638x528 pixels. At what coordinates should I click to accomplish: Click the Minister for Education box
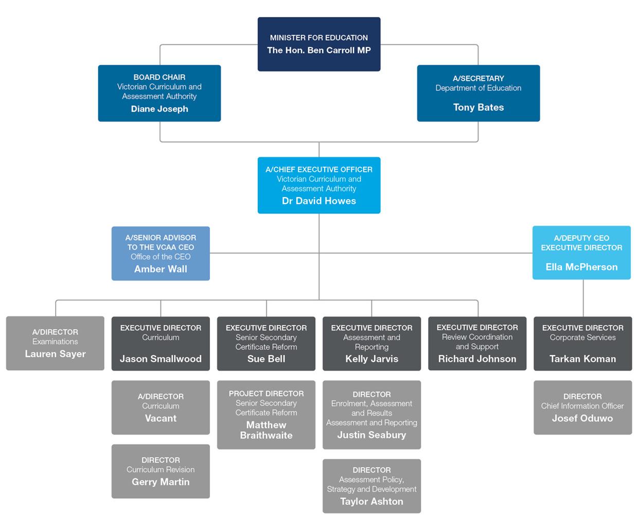tap(319, 44)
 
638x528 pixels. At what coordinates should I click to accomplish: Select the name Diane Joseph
tap(159, 109)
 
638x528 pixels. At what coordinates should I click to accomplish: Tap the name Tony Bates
tap(478, 108)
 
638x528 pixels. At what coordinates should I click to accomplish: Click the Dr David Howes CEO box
tap(319, 185)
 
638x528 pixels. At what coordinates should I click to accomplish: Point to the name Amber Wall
tap(161, 269)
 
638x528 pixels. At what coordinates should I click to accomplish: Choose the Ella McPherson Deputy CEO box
tap(581, 253)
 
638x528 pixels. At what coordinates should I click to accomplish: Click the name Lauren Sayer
tap(55, 354)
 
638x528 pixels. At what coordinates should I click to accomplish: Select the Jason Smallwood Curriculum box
tap(161, 343)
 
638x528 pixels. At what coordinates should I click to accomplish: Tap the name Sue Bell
tap(266, 359)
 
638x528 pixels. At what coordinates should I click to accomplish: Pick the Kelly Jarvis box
tap(371, 343)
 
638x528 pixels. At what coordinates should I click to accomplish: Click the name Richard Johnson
tap(477, 359)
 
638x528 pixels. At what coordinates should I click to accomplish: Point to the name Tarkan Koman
tap(582, 359)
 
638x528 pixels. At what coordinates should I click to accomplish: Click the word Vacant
tap(161, 418)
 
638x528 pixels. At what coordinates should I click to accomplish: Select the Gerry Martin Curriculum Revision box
tap(161, 471)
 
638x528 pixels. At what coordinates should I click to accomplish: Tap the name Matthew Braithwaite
tap(266, 430)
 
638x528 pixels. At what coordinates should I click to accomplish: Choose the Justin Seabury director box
tap(371, 415)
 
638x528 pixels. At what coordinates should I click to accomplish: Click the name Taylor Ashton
tap(371, 502)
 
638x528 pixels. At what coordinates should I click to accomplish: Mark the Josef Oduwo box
tap(582, 408)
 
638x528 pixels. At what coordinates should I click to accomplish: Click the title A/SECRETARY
tap(478, 79)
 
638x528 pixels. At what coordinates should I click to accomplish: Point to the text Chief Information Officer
tap(582, 406)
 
